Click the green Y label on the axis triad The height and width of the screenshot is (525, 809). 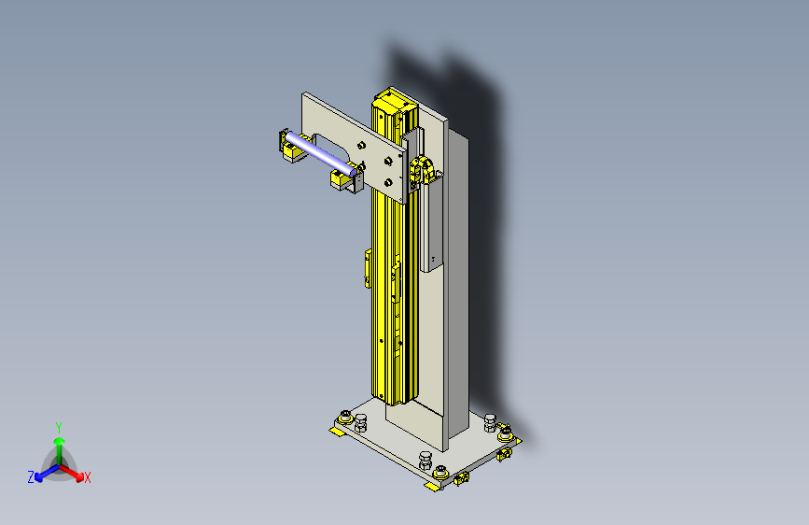59,428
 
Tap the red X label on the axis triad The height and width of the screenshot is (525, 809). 87,477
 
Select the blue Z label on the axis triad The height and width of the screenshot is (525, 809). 31,477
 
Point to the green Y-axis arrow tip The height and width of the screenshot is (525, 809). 60,441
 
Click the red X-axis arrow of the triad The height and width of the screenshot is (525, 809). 71,473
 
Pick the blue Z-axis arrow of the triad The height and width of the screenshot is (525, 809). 48,472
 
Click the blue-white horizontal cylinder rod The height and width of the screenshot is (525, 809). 320,154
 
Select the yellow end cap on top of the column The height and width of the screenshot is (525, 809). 395,101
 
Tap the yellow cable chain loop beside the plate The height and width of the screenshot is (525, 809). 422,171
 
